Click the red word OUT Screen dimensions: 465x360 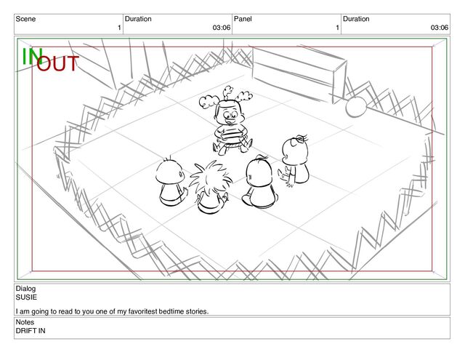point(57,63)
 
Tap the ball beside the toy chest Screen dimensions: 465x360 point(356,107)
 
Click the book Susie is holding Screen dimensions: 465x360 point(231,134)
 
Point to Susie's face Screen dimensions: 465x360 point(230,113)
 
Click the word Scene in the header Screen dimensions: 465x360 point(25,19)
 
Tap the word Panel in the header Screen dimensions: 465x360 point(243,19)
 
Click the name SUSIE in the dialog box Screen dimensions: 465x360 point(26,297)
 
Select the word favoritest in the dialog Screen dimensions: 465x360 point(143,311)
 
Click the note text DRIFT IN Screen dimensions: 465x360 point(31,331)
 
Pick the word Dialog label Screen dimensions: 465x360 point(25,289)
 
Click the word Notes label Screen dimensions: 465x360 point(25,322)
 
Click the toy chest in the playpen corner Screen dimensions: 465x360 point(299,73)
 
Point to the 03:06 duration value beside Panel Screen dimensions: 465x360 point(440,28)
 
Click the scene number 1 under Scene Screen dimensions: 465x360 point(119,28)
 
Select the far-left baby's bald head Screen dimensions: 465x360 point(170,172)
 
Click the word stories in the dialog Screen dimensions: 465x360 point(197,311)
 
